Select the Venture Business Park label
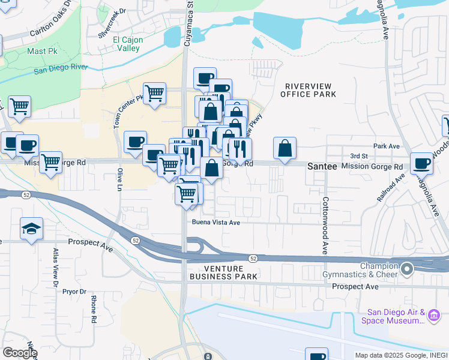[223, 272]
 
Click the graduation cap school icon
[31, 229]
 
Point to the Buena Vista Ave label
[216, 222]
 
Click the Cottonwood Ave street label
[325, 225]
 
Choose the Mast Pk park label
[41, 52]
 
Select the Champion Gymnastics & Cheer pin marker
[408, 269]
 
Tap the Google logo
[19, 352]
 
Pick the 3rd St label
[358, 156]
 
